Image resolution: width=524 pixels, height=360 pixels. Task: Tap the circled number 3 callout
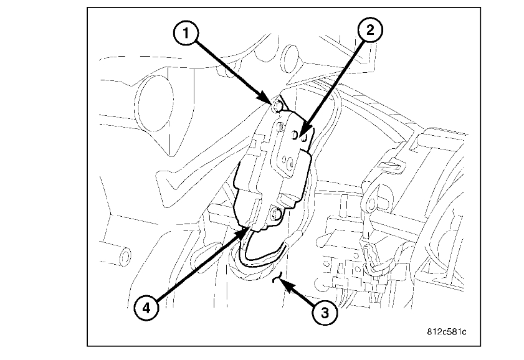click(x=322, y=313)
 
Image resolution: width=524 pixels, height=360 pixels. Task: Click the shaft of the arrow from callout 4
click(x=193, y=269)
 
